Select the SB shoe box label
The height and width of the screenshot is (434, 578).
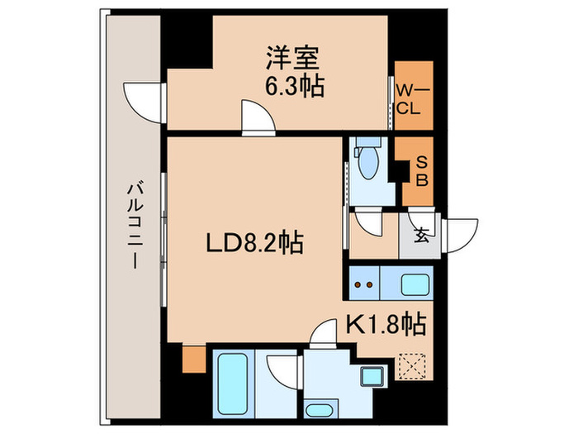(419, 173)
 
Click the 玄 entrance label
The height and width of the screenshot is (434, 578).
(421, 236)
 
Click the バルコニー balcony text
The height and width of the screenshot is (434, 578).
(134, 223)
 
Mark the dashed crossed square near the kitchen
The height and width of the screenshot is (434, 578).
(410, 365)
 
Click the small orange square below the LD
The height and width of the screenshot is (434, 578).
(192, 360)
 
